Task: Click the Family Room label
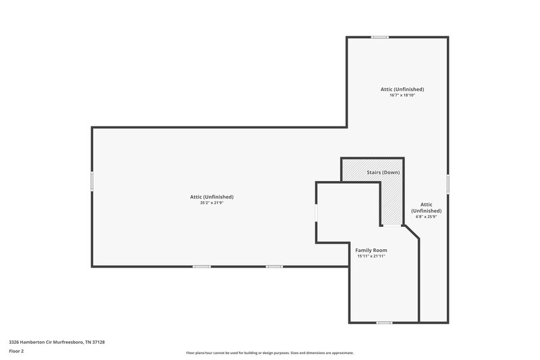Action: point(371,250)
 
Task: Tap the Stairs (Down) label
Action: point(383,173)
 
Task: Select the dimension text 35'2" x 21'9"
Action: point(211,203)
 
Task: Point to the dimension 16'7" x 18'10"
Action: point(402,95)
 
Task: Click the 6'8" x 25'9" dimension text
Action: point(426,217)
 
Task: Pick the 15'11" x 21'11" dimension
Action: point(371,256)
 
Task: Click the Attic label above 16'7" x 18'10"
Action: point(402,89)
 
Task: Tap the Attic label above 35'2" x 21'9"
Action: point(211,197)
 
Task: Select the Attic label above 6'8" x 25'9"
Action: point(426,207)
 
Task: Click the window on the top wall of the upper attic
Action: point(379,36)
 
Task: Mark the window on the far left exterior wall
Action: point(92,181)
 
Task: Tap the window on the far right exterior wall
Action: point(448,184)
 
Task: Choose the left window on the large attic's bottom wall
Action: point(202,267)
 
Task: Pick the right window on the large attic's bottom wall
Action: point(274,267)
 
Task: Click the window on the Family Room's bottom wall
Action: point(384,322)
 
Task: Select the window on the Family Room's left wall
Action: point(316,212)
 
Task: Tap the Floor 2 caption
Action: point(16,351)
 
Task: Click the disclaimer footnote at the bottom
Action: point(269,353)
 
